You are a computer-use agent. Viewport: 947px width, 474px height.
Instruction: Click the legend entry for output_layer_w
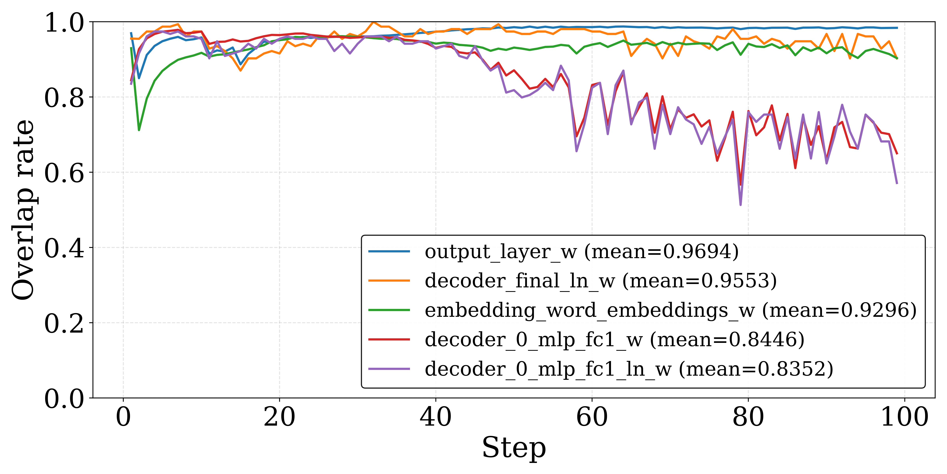click(582, 252)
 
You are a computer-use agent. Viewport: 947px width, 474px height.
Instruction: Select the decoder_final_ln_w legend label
click(601, 281)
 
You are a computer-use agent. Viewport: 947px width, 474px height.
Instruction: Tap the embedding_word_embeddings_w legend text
click(671, 310)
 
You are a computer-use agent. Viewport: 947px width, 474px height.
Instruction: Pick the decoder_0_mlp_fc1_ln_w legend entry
click(629, 369)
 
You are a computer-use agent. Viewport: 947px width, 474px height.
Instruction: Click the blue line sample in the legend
click(389, 251)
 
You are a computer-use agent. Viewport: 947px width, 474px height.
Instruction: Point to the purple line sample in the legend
click(389, 369)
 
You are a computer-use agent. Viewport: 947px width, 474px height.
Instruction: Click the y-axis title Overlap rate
click(23, 210)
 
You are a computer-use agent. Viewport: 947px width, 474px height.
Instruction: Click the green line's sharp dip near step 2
click(139, 130)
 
